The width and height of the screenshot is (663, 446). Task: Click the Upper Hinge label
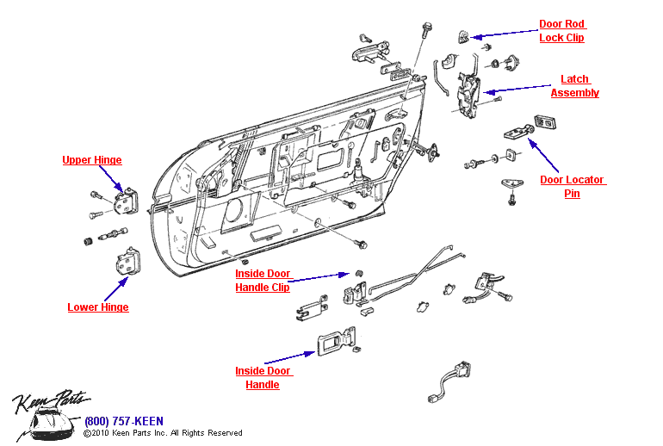click(91, 160)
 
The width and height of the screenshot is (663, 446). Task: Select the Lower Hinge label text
click(98, 307)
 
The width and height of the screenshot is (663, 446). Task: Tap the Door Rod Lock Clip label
click(561, 31)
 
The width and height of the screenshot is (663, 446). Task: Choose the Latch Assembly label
click(574, 86)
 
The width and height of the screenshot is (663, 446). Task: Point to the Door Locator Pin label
click(572, 187)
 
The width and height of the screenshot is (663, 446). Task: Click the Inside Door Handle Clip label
click(263, 281)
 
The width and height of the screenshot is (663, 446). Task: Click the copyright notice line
click(163, 433)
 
